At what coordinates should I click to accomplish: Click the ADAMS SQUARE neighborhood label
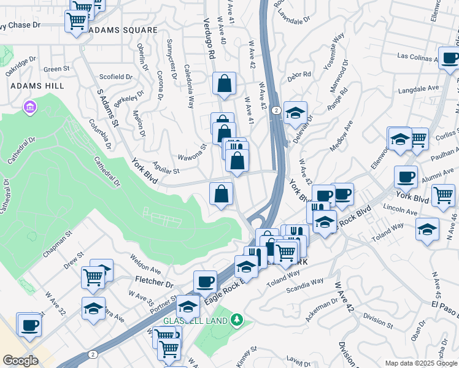tap(123, 29)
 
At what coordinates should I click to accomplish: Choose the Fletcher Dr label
tap(153, 283)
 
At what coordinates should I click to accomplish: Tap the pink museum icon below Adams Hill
tap(29, 108)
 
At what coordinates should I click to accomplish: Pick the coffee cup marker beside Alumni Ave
tap(406, 177)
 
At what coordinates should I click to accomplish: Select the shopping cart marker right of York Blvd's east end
tap(443, 195)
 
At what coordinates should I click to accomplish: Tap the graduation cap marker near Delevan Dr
tap(295, 112)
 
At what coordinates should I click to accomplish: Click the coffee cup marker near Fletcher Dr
tap(205, 282)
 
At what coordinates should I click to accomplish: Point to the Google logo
tap(21, 360)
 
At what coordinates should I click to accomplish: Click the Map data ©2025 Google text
tap(420, 363)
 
